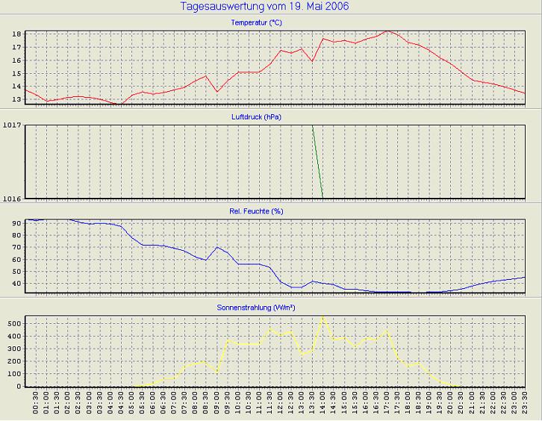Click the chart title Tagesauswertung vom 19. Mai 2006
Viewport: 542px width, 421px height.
tap(264, 7)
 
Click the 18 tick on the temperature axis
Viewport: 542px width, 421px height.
tap(16, 34)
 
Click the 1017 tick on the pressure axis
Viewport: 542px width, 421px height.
tap(11, 125)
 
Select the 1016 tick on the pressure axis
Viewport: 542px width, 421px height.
tap(11, 199)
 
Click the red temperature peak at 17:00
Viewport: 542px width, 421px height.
tap(386, 31)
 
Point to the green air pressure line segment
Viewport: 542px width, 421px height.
tap(317, 161)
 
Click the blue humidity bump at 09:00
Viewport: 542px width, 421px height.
tap(217, 247)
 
